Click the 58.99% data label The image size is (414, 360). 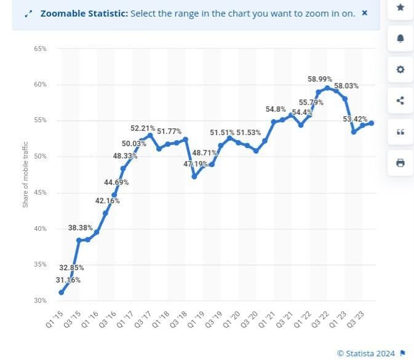coord(320,79)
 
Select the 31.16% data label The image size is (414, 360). coord(68,280)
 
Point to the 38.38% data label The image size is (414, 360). coord(81,228)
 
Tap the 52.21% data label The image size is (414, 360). coord(143,128)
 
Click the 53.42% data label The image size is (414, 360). coord(355,119)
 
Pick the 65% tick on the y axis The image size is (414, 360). coord(40,49)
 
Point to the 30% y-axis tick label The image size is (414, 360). coord(40,300)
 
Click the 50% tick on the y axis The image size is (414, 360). coord(40,157)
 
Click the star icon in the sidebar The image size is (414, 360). coord(400,7)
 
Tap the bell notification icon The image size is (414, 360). coord(400,39)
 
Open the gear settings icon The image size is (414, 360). coord(400,70)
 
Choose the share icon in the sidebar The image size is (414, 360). coord(400,101)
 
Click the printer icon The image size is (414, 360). coord(400,163)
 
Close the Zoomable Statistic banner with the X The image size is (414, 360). coord(365,13)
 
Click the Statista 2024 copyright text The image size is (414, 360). coord(367,353)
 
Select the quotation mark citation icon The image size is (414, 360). coord(400,132)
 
